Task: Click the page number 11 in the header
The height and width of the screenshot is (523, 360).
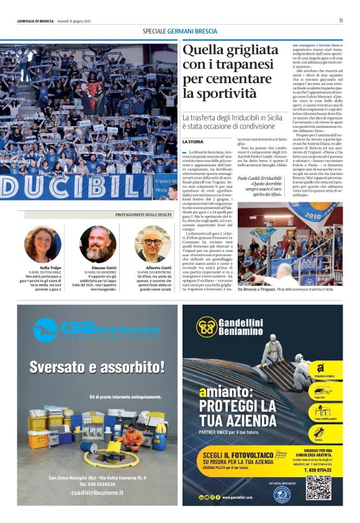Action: (341, 20)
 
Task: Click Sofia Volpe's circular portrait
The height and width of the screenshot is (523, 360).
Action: (42, 244)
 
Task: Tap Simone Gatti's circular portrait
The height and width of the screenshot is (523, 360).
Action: (97, 244)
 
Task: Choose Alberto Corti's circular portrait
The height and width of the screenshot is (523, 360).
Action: (153, 244)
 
